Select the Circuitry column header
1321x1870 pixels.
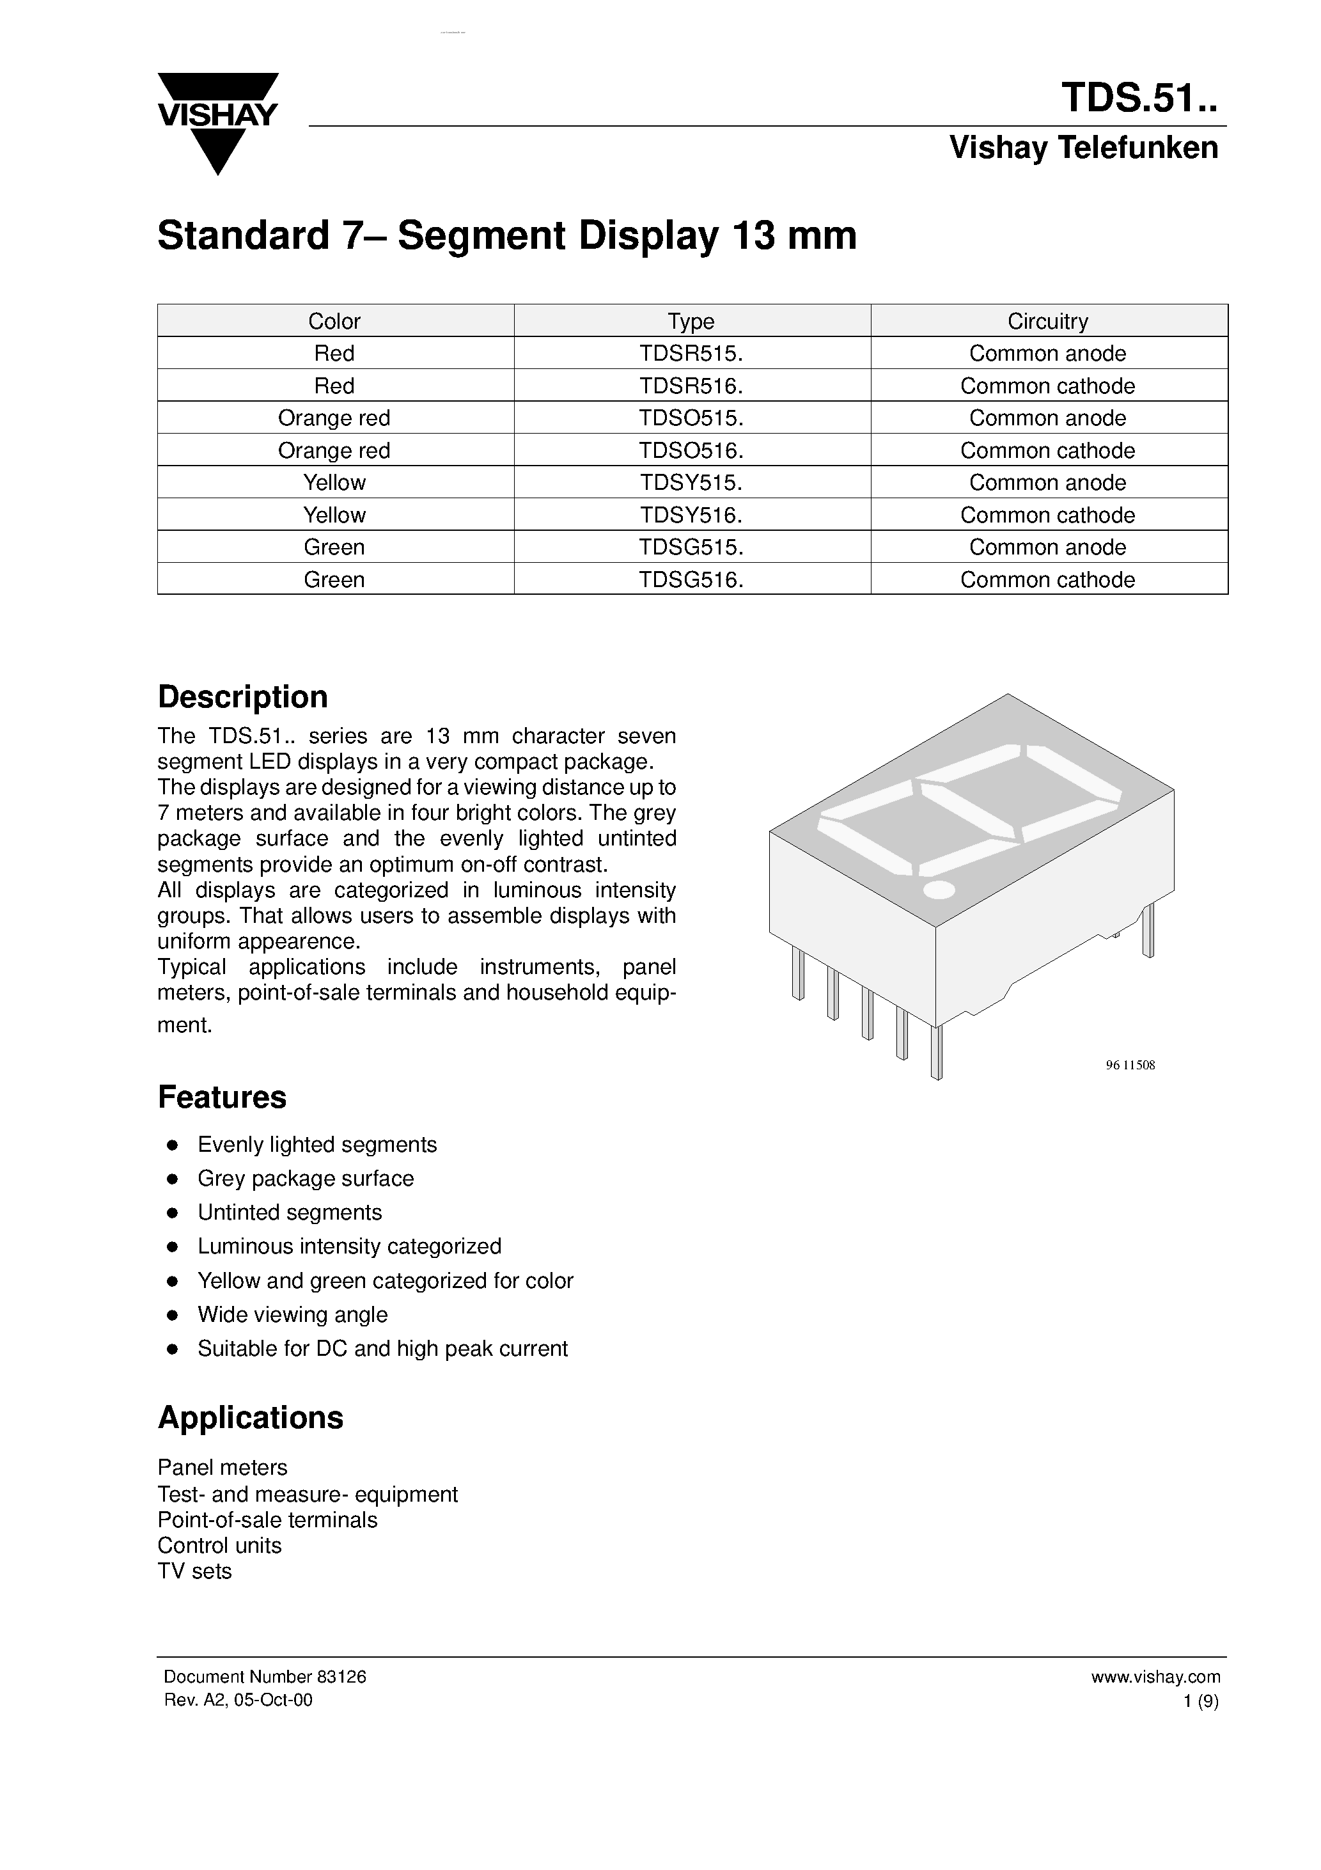coord(1047,321)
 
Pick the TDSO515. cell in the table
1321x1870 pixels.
coord(691,418)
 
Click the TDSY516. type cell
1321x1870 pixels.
coord(691,515)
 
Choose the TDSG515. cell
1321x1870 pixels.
coord(691,547)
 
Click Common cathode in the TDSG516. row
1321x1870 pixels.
coord(1047,580)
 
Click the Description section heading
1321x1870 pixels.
coord(243,697)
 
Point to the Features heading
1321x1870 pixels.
coord(221,1097)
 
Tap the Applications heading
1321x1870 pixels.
coord(250,1417)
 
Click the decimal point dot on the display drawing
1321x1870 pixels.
coord(938,890)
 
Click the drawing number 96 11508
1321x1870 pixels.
coord(1130,1065)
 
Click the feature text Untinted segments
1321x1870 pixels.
coord(289,1212)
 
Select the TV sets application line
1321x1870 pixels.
coord(194,1571)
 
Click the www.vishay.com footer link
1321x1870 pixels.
coord(1155,1676)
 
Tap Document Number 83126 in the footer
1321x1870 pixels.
coord(265,1676)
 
